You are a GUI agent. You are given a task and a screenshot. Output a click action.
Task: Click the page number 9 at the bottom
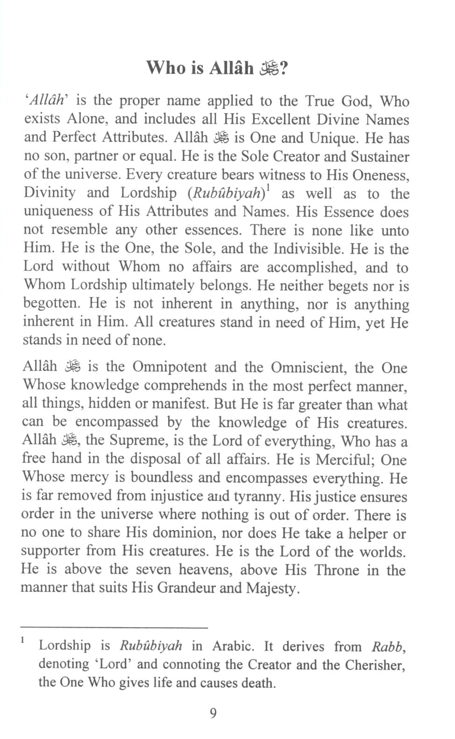pyautogui.click(x=213, y=713)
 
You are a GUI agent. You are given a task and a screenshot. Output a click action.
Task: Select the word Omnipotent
pyautogui.click(x=170, y=367)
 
